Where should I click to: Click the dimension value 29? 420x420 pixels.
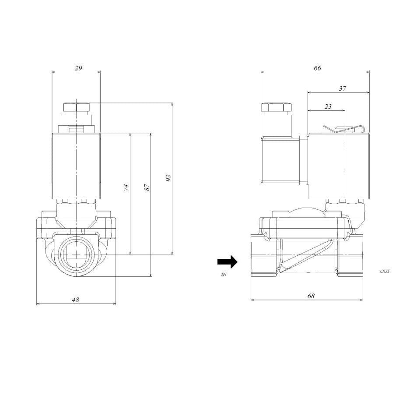tap(78, 68)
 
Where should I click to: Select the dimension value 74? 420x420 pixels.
tap(126, 187)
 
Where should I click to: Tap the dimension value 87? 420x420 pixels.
tap(147, 187)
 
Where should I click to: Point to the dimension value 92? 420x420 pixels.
tap(168, 177)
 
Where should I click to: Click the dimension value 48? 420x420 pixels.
tap(75, 300)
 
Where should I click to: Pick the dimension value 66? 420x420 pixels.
tap(317, 68)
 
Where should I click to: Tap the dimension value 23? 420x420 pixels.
tap(328, 106)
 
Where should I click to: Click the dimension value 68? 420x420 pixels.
tap(311, 296)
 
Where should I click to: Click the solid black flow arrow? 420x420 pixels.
tap(227, 262)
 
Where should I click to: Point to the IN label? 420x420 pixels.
tap(224, 274)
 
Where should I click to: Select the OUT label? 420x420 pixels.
tap(385, 272)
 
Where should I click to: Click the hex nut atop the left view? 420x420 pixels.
tap(76, 107)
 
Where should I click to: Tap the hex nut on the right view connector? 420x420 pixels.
tap(276, 107)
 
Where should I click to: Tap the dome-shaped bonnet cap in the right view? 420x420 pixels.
tap(308, 212)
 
